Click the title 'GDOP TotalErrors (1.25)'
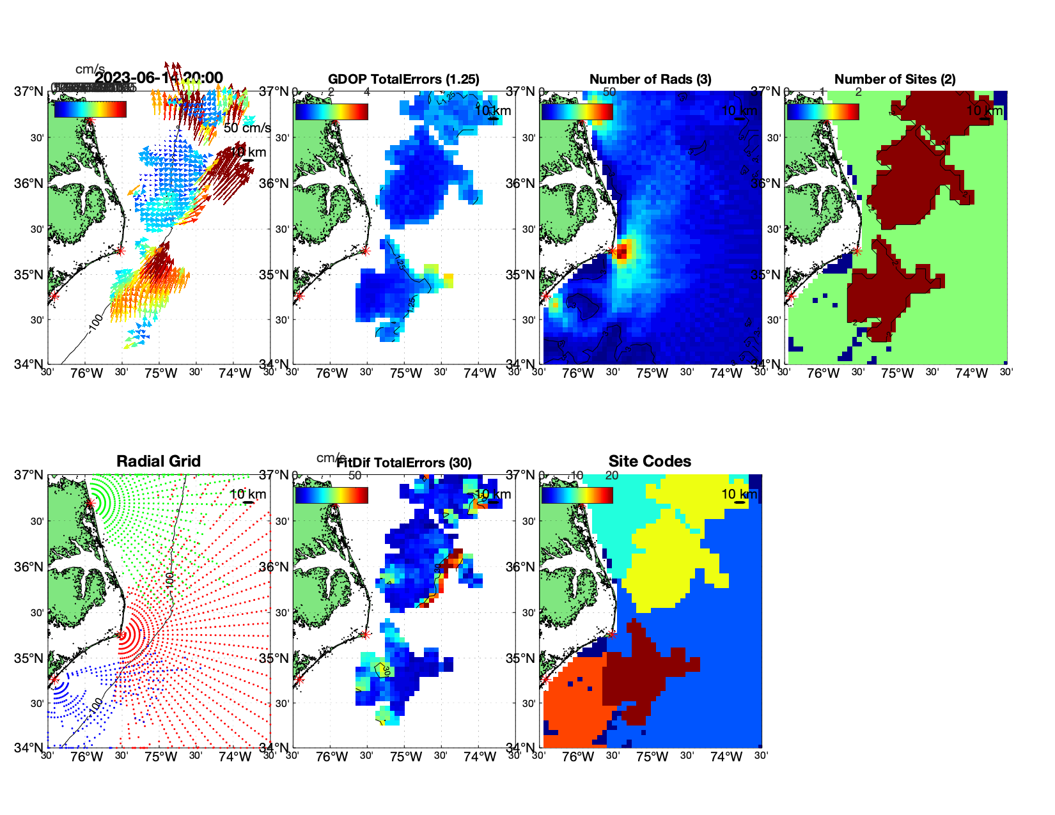coord(403,79)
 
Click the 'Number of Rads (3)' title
coord(650,79)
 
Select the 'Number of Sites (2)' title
coord(895,79)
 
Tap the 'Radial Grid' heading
coord(159,462)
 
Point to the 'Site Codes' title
coord(650,462)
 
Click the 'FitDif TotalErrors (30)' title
coord(404,463)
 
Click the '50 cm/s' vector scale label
coord(247,128)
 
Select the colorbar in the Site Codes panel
coord(577,495)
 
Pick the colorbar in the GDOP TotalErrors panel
coord(331,112)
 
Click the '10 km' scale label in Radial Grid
coord(247,494)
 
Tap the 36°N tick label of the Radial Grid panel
coord(29,567)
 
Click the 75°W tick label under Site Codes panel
coord(652,757)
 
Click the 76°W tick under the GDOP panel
coord(332,373)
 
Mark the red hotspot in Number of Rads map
coord(623,250)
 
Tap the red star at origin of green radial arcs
coord(91,503)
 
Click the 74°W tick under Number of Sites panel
coord(971,373)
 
